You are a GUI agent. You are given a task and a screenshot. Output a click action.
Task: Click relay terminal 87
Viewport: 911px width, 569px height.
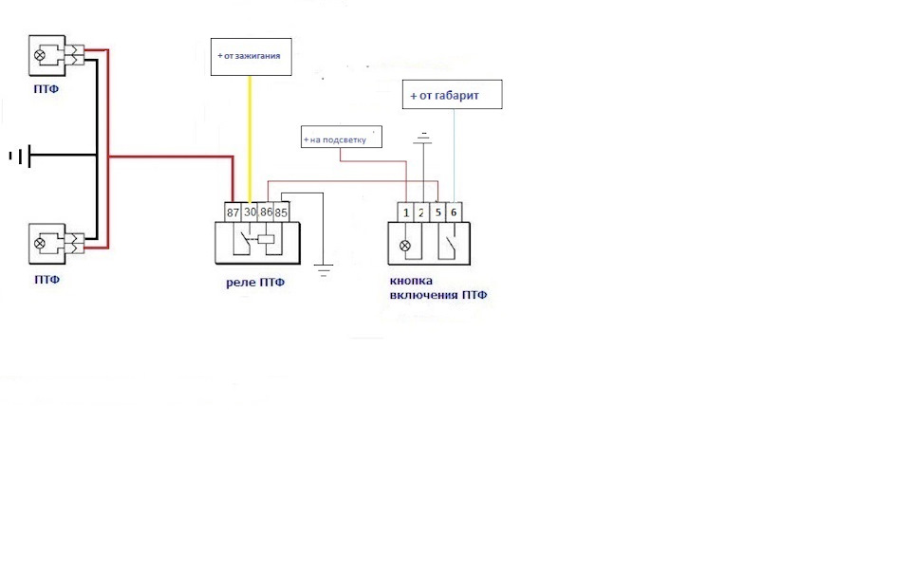(233, 211)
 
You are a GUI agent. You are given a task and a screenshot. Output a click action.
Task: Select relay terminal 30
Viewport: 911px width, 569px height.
(250, 211)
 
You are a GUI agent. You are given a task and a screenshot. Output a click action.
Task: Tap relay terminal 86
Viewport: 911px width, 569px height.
(266, 211)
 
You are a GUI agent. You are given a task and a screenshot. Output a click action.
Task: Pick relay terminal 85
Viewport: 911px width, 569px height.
(281, 211)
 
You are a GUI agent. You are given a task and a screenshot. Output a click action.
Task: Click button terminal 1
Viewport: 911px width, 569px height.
(405, 212)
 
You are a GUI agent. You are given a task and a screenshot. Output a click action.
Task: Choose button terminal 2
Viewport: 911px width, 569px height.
(421, 212)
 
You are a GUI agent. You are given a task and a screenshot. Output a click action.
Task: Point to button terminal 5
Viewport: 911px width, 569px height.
(437, 212)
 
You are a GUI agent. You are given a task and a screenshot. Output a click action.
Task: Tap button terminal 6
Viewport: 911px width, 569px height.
(454, 212)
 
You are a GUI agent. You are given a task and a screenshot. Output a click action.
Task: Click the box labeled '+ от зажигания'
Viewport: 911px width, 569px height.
(251, 56)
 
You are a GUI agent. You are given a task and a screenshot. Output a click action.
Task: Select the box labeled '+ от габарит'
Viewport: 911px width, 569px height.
(452, 95)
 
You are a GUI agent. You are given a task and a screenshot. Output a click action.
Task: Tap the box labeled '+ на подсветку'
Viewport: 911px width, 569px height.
(342, 137)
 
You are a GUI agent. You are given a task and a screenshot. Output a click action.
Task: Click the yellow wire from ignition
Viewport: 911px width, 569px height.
(250, 139)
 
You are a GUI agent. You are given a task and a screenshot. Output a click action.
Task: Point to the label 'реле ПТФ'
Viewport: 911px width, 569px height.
(255, 283)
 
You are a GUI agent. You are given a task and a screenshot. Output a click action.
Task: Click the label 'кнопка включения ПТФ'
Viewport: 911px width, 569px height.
(438, 287)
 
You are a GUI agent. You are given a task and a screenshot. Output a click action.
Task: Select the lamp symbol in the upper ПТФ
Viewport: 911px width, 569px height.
(40, 55)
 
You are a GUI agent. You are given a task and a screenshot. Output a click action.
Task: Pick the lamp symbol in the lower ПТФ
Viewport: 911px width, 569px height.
(40, 244)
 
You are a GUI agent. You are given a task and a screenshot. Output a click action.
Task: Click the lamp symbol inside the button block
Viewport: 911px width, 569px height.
(405, 246)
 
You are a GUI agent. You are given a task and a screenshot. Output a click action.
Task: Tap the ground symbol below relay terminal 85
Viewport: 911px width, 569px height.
(324, 270)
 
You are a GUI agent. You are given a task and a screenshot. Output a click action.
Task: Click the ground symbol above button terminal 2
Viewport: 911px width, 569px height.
(423, 138)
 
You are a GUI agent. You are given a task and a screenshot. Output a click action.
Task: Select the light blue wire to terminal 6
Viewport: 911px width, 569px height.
(454, 156)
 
